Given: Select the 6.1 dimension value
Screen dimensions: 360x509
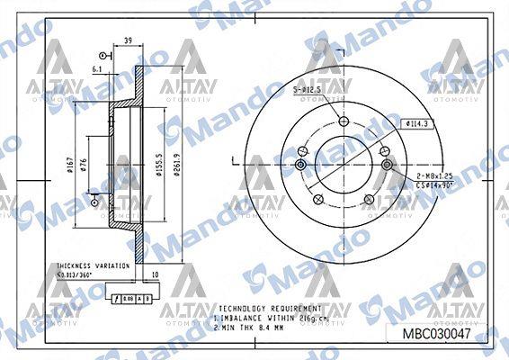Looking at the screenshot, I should tap(96, 67).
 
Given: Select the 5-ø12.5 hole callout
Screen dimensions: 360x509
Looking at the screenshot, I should tap(308, 90).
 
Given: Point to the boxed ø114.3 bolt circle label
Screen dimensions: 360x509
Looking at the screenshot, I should tap(415, 122).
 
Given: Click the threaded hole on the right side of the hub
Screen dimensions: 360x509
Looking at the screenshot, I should tap(388, 164).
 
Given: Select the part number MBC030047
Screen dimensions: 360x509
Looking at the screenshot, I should tap(435, 334).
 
